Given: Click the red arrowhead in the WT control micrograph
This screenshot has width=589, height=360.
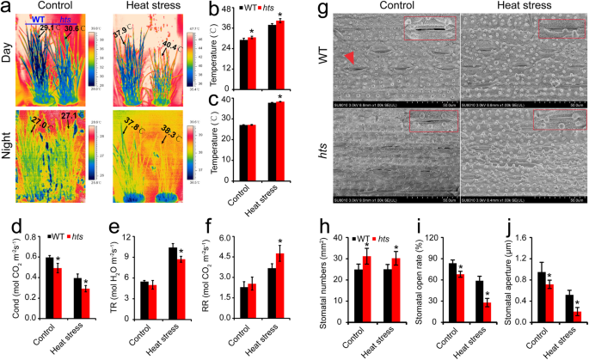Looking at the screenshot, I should [348, 57].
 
